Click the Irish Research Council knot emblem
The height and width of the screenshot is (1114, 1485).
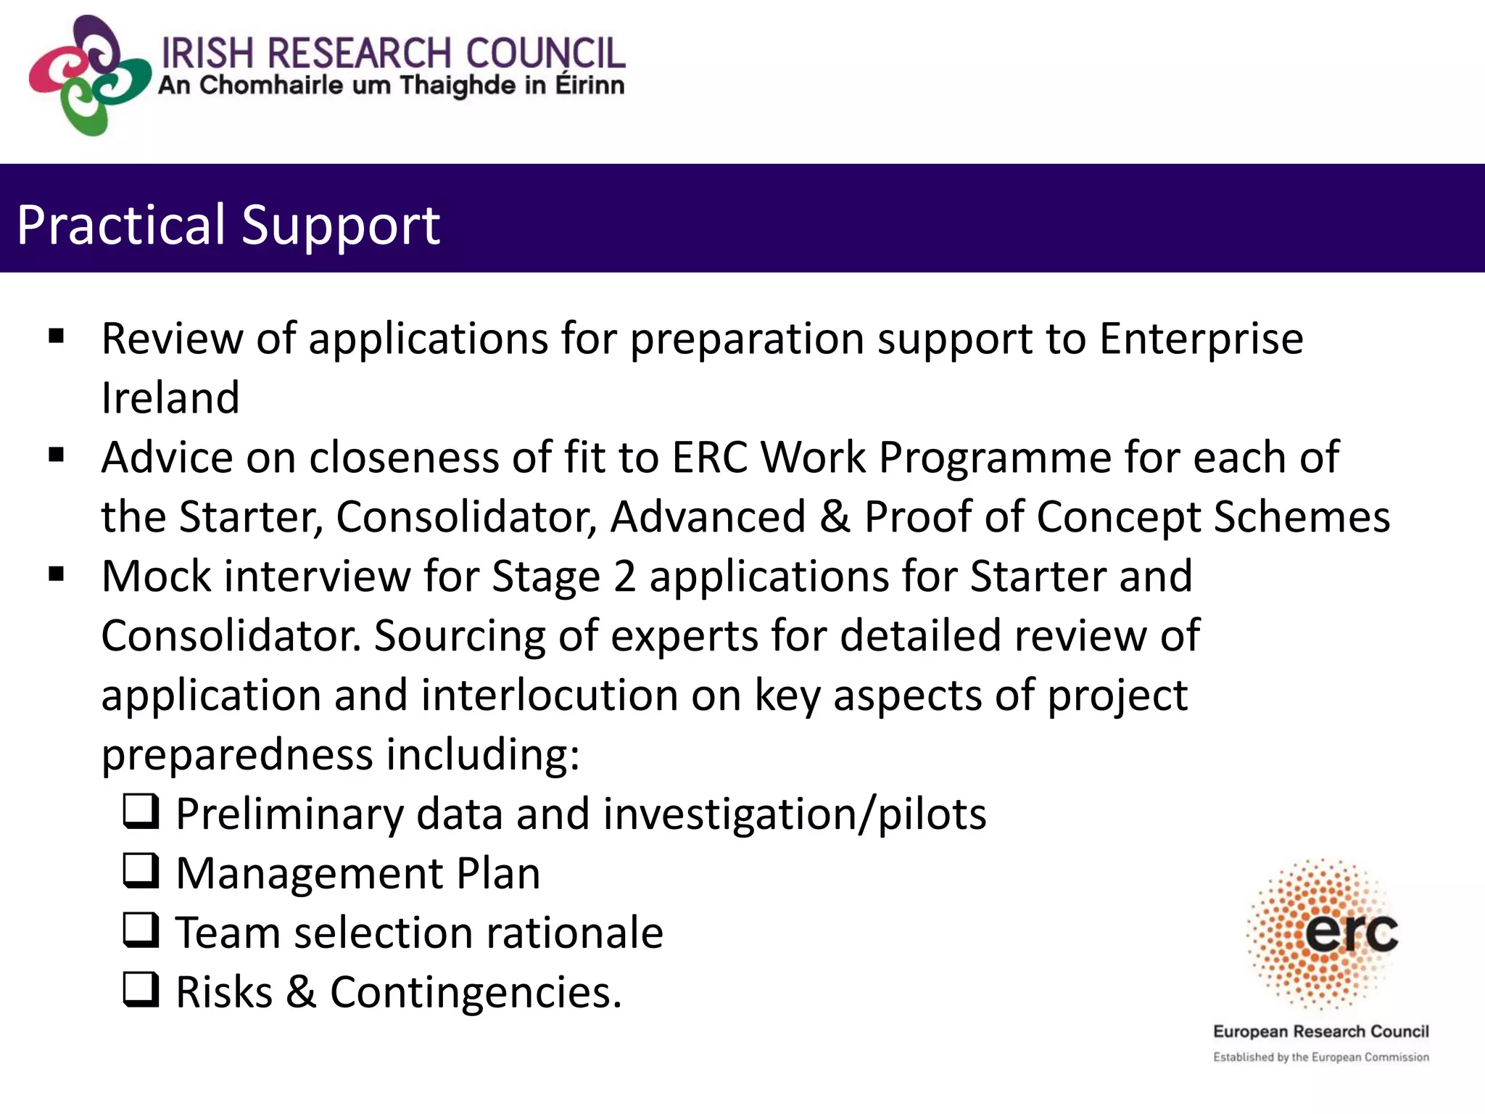point(88,75)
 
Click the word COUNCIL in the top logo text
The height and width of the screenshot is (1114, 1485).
point(545,53)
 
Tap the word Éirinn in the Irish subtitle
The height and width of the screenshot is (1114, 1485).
point(590,86)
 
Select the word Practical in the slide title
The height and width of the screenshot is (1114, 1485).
point(122,225)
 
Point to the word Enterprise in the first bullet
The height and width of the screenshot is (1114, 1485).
point(1201,339)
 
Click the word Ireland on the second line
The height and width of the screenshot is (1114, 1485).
point(170,398)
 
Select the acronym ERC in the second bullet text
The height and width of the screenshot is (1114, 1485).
point(710,458)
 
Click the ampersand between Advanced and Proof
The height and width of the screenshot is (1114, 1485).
point(835,517)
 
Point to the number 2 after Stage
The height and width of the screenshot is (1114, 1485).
point(624,577)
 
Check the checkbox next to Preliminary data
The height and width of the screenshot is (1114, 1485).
point(141,812)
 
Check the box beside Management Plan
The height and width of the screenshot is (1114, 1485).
point(141,872)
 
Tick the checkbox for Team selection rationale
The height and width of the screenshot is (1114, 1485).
point(141,931)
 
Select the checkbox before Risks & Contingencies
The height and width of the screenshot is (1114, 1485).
point(141,991)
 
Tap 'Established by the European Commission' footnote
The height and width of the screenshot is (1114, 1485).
point(1320,1057)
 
